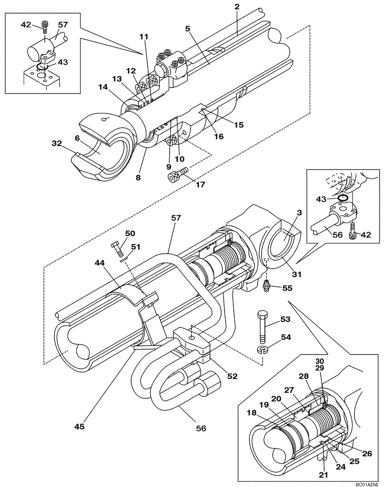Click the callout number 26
click(367, 453)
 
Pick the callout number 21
click(323, 473)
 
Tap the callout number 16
click(219, 137)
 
